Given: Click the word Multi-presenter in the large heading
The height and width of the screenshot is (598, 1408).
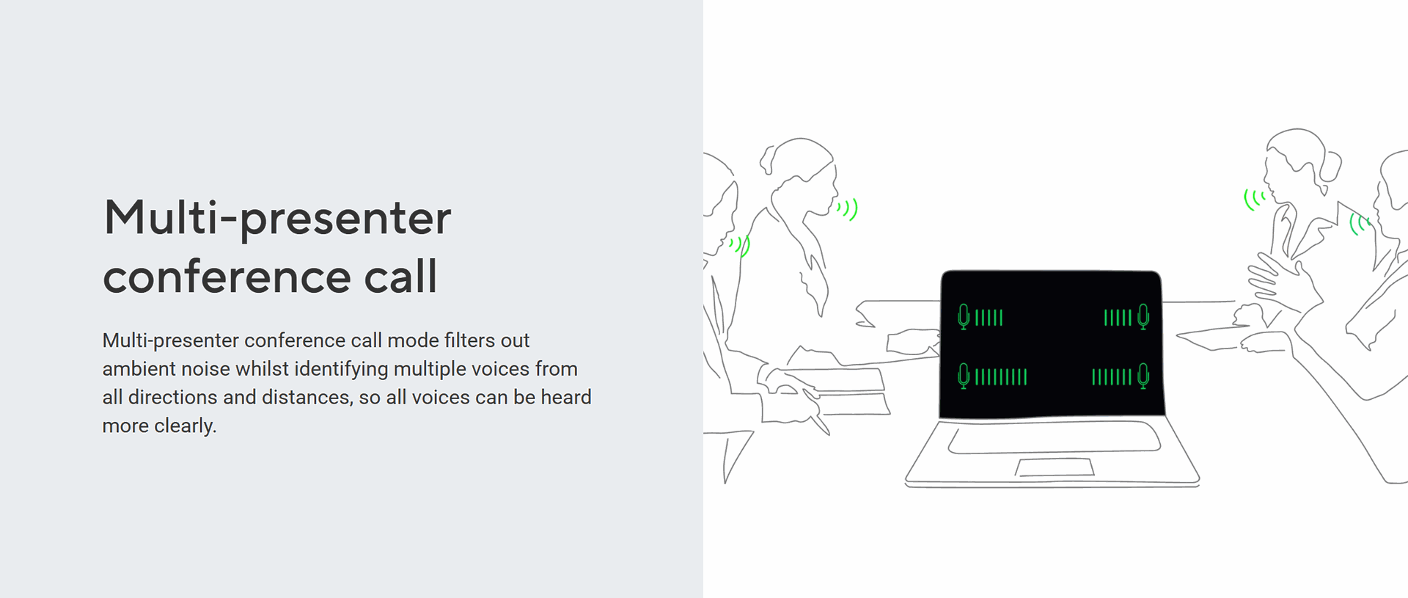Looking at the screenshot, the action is click(x=277, y=219).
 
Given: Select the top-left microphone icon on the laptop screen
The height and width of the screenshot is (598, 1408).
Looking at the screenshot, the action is click(x=964, y=316).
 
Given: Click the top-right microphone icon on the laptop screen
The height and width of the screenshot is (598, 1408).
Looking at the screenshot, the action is click(x=1143, y=316).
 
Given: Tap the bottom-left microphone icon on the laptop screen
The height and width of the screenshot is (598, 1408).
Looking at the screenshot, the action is click(x=964, y=376).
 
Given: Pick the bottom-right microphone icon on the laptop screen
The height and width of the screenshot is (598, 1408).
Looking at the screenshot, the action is click(x=1143, y=376).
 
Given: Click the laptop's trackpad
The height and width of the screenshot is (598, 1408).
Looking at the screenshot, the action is click(x=1055, y=467).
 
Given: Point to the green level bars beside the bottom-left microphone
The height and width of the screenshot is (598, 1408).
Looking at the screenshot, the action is click(x=1001, y=377).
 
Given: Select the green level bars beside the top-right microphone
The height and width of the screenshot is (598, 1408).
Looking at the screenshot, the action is click(x=1118, y=318).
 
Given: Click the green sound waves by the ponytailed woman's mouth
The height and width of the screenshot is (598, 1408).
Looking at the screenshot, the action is click(x=848, y=210).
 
